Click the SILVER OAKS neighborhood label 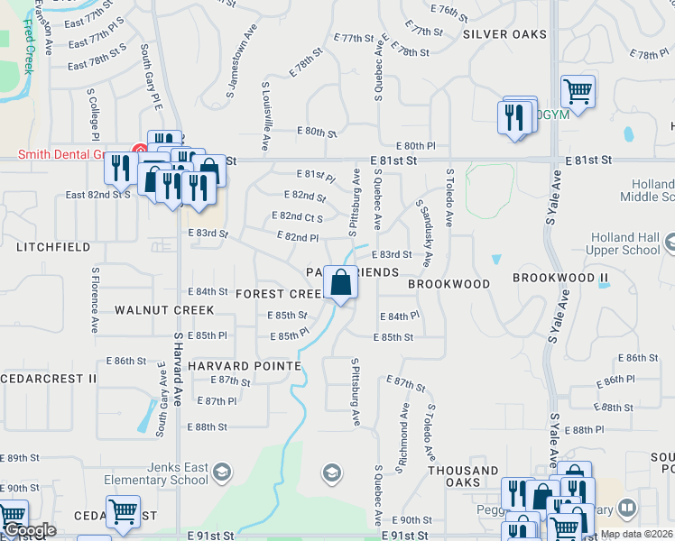click(x=504, y=34)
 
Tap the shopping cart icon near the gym click(x=578, y=91)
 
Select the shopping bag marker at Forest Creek click(x=341, y=283)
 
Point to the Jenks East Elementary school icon click(x=222, y=472)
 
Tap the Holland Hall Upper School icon click(x=670, y=243)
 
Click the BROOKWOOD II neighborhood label click(x=554, y=278)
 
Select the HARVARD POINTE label click(x=245, y=366)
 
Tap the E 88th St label click(x=207, y=426)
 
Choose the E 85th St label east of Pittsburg click(x=393, y=337)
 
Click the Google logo click(x=29, y=531)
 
